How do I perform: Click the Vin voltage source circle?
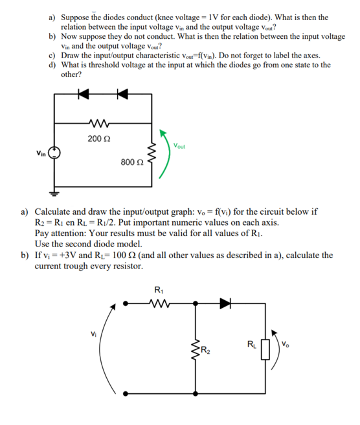(x=55, y=153)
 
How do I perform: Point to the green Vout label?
(x=179, y=146)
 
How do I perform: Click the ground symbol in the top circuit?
(x=55, y=192)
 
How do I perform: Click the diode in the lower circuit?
(x=225, y=302)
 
